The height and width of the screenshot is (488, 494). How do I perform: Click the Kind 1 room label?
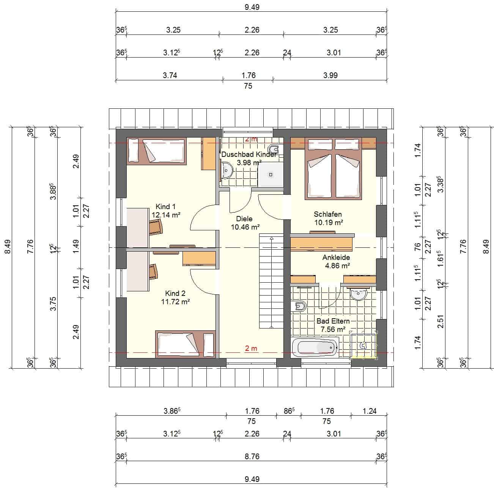(x=165, y=206)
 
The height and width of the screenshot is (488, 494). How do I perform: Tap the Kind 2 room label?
(x=175, y=293)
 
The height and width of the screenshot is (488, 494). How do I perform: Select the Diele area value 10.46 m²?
(x=245, y=227)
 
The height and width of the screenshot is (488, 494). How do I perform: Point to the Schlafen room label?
(x=327, y=214)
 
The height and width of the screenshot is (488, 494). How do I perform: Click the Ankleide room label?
(x=336, y=257)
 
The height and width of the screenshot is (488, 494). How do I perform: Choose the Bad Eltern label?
(x=333, y=321)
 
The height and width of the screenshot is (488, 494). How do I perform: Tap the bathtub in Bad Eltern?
(x=315, y=347)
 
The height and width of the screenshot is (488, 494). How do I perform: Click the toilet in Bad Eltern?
(x=299, y=306)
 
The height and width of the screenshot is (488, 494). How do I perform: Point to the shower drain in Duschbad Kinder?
(x=271, y=175)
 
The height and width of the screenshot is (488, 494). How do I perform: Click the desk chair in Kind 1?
(x=156, y=227)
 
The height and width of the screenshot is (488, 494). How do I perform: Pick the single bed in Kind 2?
(x=185, y=344)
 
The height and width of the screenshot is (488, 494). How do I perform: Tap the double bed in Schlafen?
(x=333, y=169)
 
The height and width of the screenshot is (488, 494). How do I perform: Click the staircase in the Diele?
(x=271, y=281)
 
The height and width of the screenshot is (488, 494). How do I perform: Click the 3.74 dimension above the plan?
(x=170, y=75)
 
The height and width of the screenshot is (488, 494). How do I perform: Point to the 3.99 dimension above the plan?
(x=330, y=75)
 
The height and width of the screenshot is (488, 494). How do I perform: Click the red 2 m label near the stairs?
(x=251, y=348)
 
